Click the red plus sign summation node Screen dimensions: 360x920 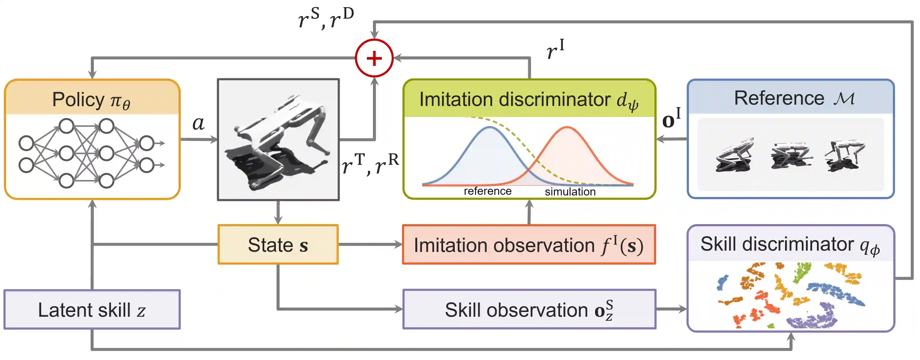(x=374, y=58)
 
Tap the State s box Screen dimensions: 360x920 (x=278, y=245)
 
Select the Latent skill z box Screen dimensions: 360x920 (x=92, y=309)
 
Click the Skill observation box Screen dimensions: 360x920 (x=529, y=309)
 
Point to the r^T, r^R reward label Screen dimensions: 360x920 (x=370, y=164)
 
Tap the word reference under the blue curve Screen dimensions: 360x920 (x=487, y=191)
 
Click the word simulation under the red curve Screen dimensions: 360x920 (x=570, y=192)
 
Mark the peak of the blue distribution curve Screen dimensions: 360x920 (x=490, y=127)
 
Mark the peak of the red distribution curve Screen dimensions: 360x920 (x=567, y=127)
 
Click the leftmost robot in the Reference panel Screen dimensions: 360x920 (x=735, y=156)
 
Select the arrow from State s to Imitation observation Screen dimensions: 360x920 (x=370, y=245)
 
